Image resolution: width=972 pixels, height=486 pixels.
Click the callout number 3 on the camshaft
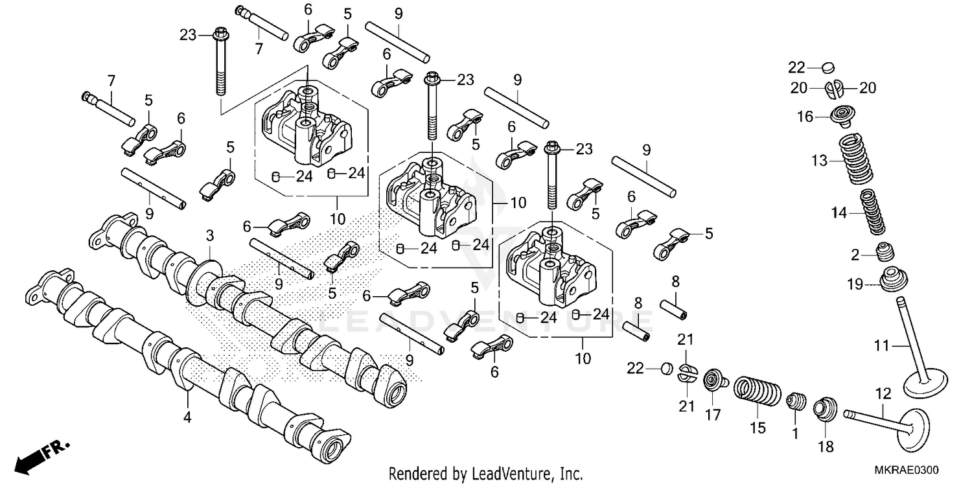tap(209, 233)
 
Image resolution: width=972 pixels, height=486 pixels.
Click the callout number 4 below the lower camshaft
tap(187, 418)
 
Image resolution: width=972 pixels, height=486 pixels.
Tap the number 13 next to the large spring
tap(820, 161)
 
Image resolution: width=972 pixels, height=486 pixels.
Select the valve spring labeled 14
tap(874, 212)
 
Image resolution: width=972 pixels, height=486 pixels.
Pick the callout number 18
tap(826, 446)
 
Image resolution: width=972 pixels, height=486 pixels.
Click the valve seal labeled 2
tap(885, 252)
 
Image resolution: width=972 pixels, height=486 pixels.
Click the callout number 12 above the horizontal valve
tap(883, 393)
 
